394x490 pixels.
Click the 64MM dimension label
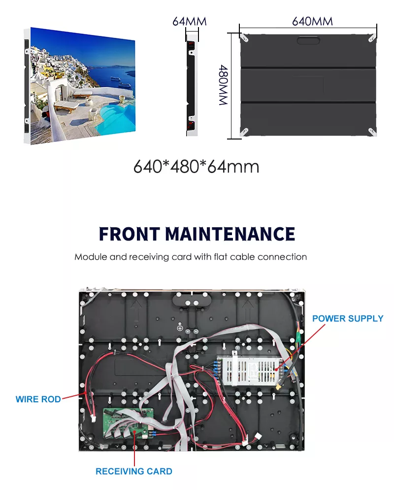tap(189, 21)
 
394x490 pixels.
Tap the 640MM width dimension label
tap(312, 21)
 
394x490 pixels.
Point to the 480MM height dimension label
tap(223, 85)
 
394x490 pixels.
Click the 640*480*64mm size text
tap(196, 166)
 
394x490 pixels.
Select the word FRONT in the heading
tap(129, 234)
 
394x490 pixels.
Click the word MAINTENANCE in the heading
tap(230, 234)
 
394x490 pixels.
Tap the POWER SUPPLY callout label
tap(348, 318)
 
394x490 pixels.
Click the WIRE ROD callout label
tap(38, 399)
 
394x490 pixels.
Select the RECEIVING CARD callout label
tap(134, 471)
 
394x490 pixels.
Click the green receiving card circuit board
tap(129, 423)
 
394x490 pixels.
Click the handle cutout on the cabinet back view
tap(308, 40)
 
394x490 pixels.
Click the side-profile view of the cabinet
tap(192, 84)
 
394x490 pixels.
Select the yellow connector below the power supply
tap(279, 387)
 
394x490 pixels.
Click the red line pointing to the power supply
tap(300, 347)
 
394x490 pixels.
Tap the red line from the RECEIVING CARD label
tap(134, 449)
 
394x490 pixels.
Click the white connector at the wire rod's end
tap(93, 418)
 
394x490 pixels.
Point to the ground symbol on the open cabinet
tap(180, 327)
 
